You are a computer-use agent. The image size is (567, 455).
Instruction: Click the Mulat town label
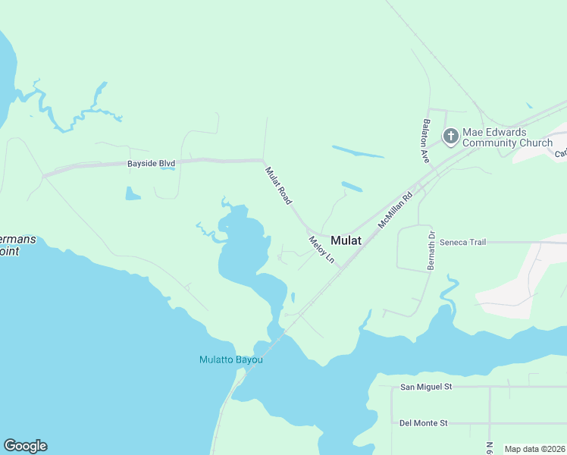[346, 240]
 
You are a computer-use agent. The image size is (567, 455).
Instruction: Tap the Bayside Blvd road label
[152, 163]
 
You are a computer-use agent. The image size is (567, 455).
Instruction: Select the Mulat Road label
[278, 185]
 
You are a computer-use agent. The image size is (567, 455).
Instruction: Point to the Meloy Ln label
[321, 249]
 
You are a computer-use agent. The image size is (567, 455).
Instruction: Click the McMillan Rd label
[394, 209]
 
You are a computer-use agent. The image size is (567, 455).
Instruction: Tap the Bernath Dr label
[431, 251]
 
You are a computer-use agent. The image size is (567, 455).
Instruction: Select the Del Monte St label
[424, 422]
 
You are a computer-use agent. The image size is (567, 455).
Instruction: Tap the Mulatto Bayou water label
[230, 359]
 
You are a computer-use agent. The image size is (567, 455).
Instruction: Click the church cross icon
[450, 136]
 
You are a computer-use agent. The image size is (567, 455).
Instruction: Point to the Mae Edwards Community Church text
[507, 137]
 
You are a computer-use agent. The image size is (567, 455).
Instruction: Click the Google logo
[25, 446]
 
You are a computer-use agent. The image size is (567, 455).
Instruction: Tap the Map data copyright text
[535, 449]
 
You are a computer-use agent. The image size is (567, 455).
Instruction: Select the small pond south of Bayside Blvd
[133, 194]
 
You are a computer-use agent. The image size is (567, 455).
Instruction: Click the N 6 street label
[490, 448]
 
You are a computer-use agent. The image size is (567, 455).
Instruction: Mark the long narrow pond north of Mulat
[358, 152]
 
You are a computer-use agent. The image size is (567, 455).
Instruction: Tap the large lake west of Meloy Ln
[241, 250]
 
